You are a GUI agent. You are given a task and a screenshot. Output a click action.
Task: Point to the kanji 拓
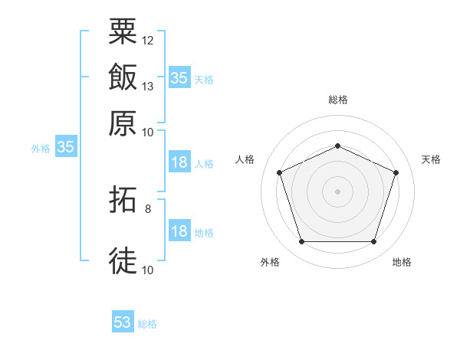click(123, 203)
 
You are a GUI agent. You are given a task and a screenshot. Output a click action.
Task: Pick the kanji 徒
click(123, 260)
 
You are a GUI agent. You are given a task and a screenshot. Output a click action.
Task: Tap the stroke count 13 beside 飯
click(148, 86)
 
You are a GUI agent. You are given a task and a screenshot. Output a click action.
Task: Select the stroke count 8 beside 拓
click(147, 208)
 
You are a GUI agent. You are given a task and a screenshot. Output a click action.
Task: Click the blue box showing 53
click(123, 322)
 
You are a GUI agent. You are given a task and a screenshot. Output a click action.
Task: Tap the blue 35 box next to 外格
click(65, 148)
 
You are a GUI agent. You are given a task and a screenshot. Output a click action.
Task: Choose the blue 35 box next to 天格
click(179, 78)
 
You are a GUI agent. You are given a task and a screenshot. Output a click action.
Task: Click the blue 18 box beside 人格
click(179, 163)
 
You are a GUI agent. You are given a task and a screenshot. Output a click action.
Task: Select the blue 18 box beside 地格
click(179, 232)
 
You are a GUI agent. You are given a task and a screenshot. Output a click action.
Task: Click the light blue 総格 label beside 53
click(147, 324)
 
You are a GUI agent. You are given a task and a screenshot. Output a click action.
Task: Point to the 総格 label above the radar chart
click(337, 100)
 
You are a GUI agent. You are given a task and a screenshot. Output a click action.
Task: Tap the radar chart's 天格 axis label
click(431, 159)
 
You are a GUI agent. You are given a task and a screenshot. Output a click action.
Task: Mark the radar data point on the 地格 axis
click(373, 242)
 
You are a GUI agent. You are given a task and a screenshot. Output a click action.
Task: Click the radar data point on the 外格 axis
click(301, 242)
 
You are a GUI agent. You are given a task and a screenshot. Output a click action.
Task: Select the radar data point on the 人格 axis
click(279, 172)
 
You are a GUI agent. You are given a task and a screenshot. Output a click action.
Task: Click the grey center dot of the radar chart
click(337, 191)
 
